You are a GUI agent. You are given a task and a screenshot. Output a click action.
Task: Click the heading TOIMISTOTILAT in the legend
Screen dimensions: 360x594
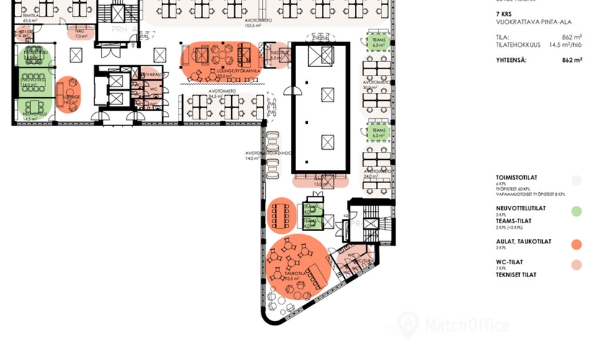516,176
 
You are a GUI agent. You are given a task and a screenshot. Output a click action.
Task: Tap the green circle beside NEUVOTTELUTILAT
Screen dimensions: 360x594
576,212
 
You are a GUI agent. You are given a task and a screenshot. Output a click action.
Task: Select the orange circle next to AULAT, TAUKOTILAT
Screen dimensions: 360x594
576,245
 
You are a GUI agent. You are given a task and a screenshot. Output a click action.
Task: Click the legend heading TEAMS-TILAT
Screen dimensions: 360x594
513,221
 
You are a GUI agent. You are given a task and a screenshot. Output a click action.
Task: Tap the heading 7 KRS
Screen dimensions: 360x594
505,14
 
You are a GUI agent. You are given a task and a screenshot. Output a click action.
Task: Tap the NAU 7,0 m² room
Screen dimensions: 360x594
81,33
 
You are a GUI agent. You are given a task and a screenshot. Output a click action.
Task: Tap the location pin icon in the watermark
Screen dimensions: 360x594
408,325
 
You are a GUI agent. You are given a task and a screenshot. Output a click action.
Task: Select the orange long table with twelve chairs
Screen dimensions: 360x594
280,215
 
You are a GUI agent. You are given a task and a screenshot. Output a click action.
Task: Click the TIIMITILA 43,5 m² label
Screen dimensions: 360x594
30,17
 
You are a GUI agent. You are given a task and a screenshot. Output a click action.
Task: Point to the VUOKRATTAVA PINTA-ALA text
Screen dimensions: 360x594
531,22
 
